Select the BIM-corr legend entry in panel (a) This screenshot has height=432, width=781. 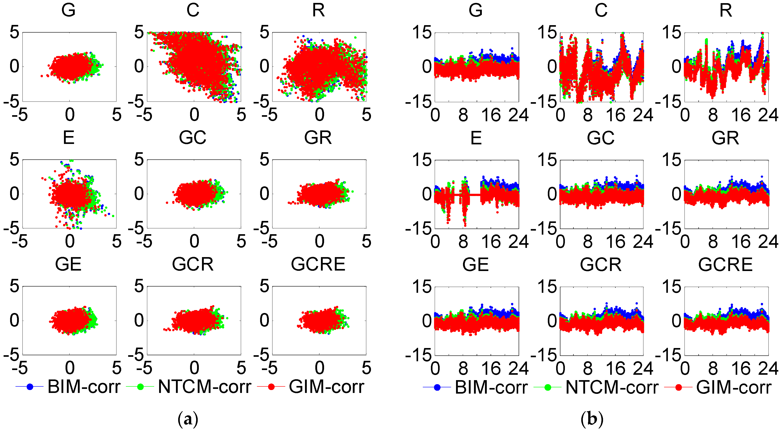[x=84, y=387]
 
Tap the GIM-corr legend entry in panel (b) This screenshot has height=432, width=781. [x=733, y=387]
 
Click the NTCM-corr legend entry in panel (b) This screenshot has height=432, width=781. [x=612, y=387]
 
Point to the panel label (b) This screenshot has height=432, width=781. [x=592, y=419]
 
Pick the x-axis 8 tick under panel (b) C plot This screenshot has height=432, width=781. [x=588, y=115]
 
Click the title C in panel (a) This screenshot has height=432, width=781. [x=193, y=10]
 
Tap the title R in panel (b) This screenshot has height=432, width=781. [x=726, y=10]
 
